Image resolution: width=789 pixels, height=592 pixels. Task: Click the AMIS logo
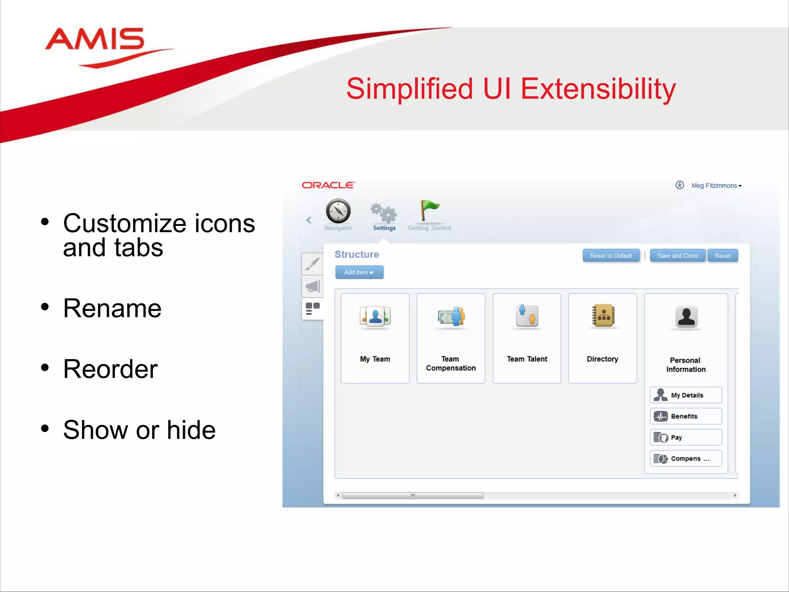click(x=96, y=42)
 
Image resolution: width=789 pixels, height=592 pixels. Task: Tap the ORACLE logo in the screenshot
click(x=328, y=185)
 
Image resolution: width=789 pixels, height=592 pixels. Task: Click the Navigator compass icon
click(x=338, y=211)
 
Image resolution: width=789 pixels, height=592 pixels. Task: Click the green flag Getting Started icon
click(x=429, y=210)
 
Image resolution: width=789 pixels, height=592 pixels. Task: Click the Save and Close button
click(x=677, y=256)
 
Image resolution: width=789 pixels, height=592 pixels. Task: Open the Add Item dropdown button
click(x=359, y=272)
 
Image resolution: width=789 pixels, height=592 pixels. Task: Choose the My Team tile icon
click(x=375, y=316)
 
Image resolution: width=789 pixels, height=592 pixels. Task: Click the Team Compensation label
click(x=450, y=363)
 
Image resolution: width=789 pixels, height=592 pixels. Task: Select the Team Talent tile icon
click(x=527, y=316)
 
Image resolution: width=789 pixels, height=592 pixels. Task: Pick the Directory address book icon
click(x=603, y=316)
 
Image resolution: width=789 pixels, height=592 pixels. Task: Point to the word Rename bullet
click(x=112, y=309)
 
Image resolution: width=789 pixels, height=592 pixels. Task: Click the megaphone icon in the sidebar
click(x=312, y=286)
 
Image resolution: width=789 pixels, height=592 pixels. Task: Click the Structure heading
click(x=356, y=255)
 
